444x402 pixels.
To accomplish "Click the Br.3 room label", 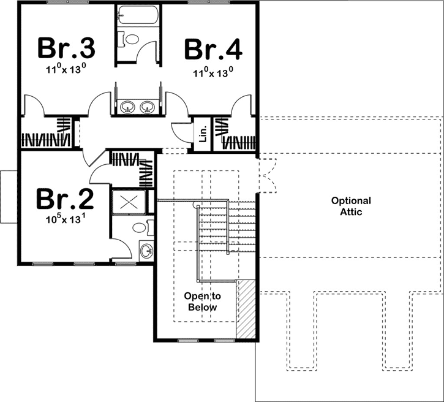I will coord(66,47).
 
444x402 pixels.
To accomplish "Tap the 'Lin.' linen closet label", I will coord(203,132).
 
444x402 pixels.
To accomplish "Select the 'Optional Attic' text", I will coord(351,206).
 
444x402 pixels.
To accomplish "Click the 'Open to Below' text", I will coord(201,301).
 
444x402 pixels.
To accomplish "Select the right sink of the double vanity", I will coord(146,107).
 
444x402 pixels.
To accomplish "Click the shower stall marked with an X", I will coord(130,202).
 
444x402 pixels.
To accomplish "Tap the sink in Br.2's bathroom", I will coord(146,251).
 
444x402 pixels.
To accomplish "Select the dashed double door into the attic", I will coord(268,175).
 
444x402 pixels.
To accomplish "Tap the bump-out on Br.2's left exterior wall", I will coord(9,197).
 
